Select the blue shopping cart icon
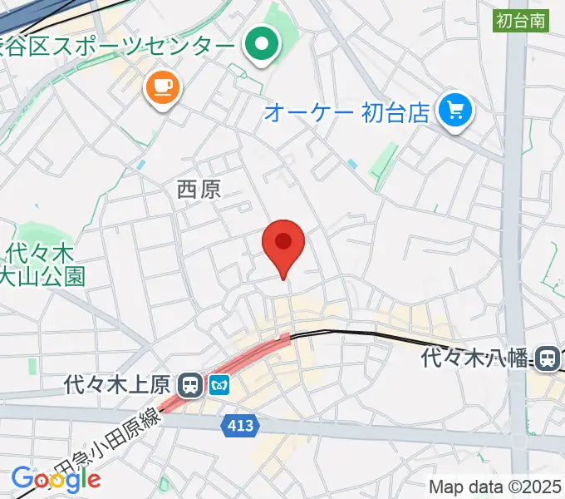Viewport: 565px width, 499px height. tap(455, 109)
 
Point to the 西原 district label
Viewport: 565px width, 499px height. tap(199, 189)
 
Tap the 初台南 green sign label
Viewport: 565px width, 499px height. tap(521, 22)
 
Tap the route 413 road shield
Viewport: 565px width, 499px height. tap(242, 426)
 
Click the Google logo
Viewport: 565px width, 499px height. tap(56, 479)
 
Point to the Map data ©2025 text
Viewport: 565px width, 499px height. tap(495, 487)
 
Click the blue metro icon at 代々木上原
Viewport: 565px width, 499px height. tap(219, 384)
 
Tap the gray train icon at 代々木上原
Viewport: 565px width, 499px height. tap(191, 384)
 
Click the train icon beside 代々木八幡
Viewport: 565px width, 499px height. tap(548, 358)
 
